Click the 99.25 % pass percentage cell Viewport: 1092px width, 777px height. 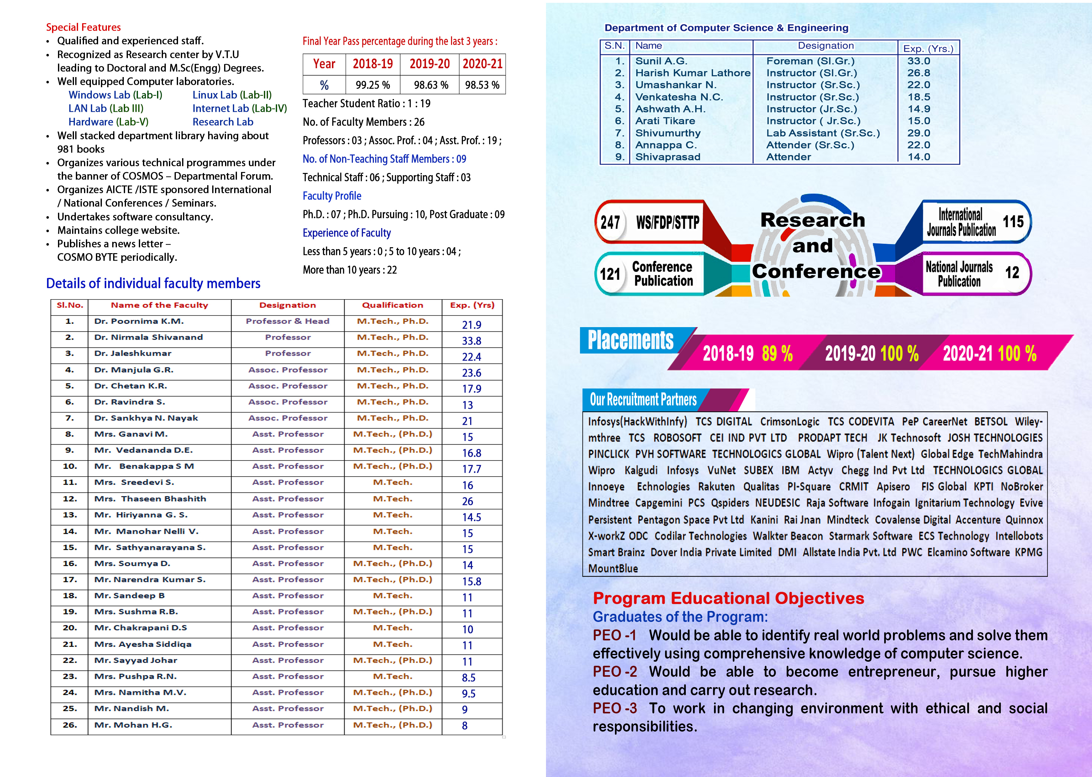click(x=372, y=85)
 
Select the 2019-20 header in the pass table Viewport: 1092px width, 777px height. click(x=429, y=64)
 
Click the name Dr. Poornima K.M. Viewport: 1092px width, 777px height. click(x=139, y=321)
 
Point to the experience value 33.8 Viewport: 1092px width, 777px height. click(x=471, y=341)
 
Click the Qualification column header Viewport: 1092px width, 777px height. click(x=392, y=305)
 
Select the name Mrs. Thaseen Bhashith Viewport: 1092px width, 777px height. click(x=150, y=499)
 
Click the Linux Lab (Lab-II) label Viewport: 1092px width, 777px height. click(x=232, y=95)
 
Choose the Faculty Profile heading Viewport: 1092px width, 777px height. click(x=332, y=196)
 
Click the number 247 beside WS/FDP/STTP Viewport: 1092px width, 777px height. click(x=610, y=222)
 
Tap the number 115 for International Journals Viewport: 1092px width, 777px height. click(x=1013, y=222)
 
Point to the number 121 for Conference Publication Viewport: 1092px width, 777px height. click(x=610, y=274)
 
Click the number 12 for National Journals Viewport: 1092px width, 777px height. click(x=1012, y=273)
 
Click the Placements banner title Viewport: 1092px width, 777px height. click(x=630, y=340)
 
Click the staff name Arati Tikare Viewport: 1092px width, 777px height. click(x=665, y=121)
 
